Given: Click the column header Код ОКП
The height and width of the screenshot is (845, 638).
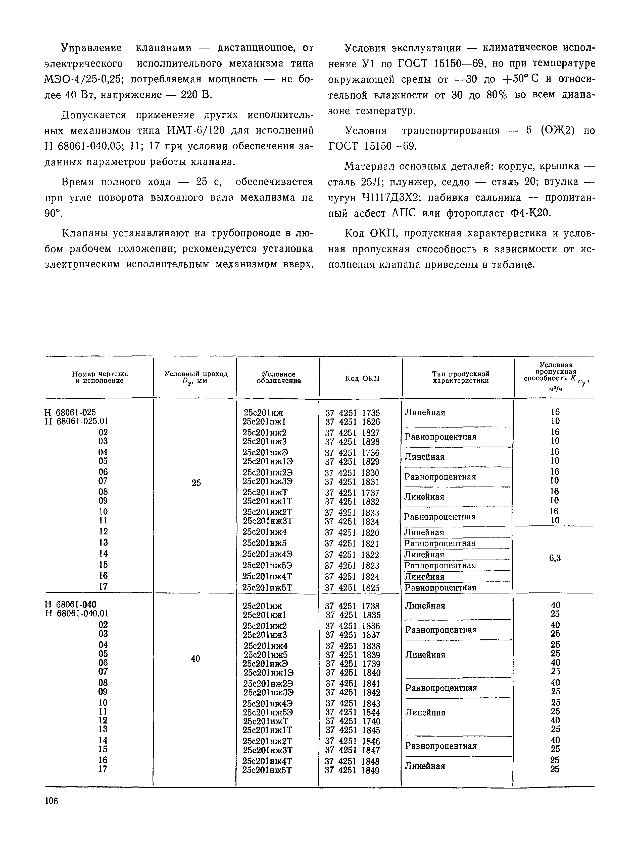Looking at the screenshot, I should pyautogui.click(x=362, y=378).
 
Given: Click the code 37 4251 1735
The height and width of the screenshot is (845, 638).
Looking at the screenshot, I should pyautogui.click(x=353, y=413).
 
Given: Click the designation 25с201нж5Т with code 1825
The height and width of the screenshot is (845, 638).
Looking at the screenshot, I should pyautogui.click(x=267, y=587).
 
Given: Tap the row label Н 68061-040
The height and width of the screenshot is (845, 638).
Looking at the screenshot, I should pyautogui.click(x=70, y=604).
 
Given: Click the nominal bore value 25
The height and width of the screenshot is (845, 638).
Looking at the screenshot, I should pyautogui.click(x=196, y=483).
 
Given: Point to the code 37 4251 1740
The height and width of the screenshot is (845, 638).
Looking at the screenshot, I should pyautogui.click(x=353, y=721).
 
